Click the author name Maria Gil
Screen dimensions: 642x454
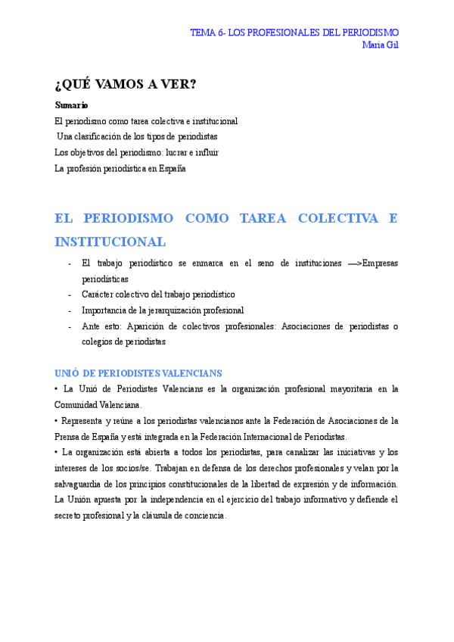(x=381, y=45)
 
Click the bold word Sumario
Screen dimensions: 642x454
(x=72, y=105)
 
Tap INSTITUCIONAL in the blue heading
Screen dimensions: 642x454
(x=110, y=242)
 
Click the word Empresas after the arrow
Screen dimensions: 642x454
(x=381, y=263)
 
